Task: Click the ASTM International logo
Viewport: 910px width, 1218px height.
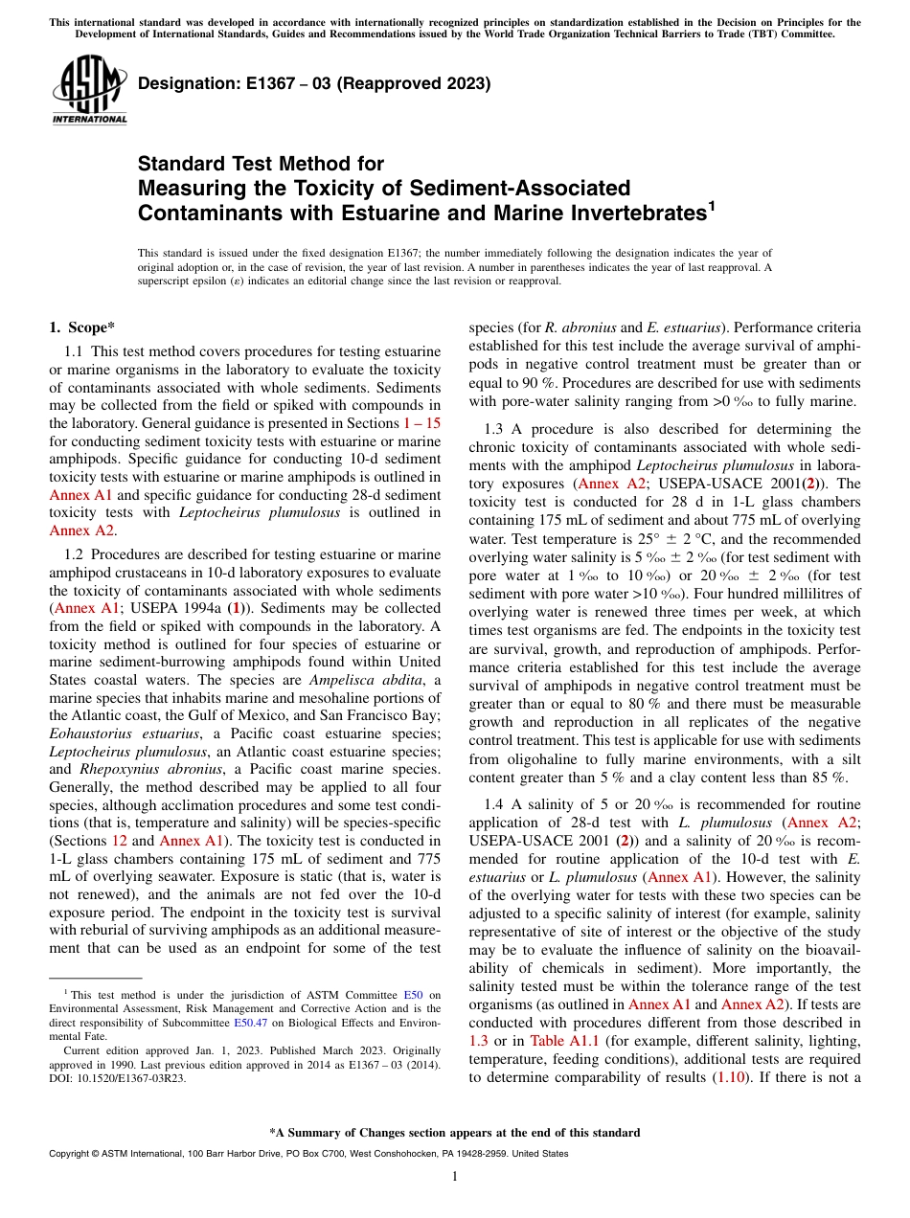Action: click(88, 90)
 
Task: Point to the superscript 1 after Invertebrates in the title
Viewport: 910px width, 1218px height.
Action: click(710, 205)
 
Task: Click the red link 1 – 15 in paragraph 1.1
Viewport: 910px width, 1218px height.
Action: click(421, 422)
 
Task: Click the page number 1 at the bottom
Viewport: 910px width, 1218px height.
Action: click(455, 1177)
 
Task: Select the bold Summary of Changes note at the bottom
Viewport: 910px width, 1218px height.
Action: click(455, 1133)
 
